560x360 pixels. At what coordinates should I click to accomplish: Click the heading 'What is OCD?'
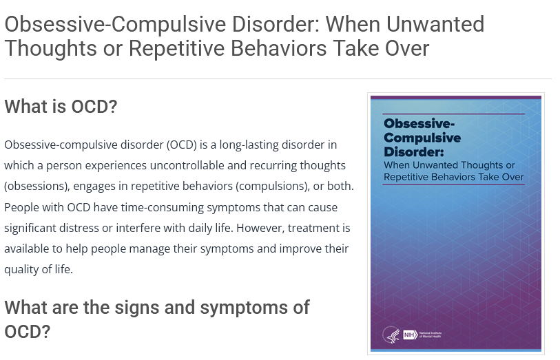point(61,106)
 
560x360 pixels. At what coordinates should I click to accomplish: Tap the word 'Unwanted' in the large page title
point(435,24)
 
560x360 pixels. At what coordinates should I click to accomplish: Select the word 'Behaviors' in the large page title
point(278,48)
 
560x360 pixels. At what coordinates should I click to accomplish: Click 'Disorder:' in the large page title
point(276,24)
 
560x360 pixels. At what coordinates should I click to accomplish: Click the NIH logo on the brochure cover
point(411,335)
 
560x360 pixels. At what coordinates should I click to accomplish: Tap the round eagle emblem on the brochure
point(391,335)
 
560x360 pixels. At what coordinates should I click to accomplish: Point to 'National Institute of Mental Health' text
point(431,335)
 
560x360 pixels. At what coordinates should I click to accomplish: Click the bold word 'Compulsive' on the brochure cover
point(422,138)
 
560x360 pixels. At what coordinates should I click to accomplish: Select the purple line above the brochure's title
point(453,114)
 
